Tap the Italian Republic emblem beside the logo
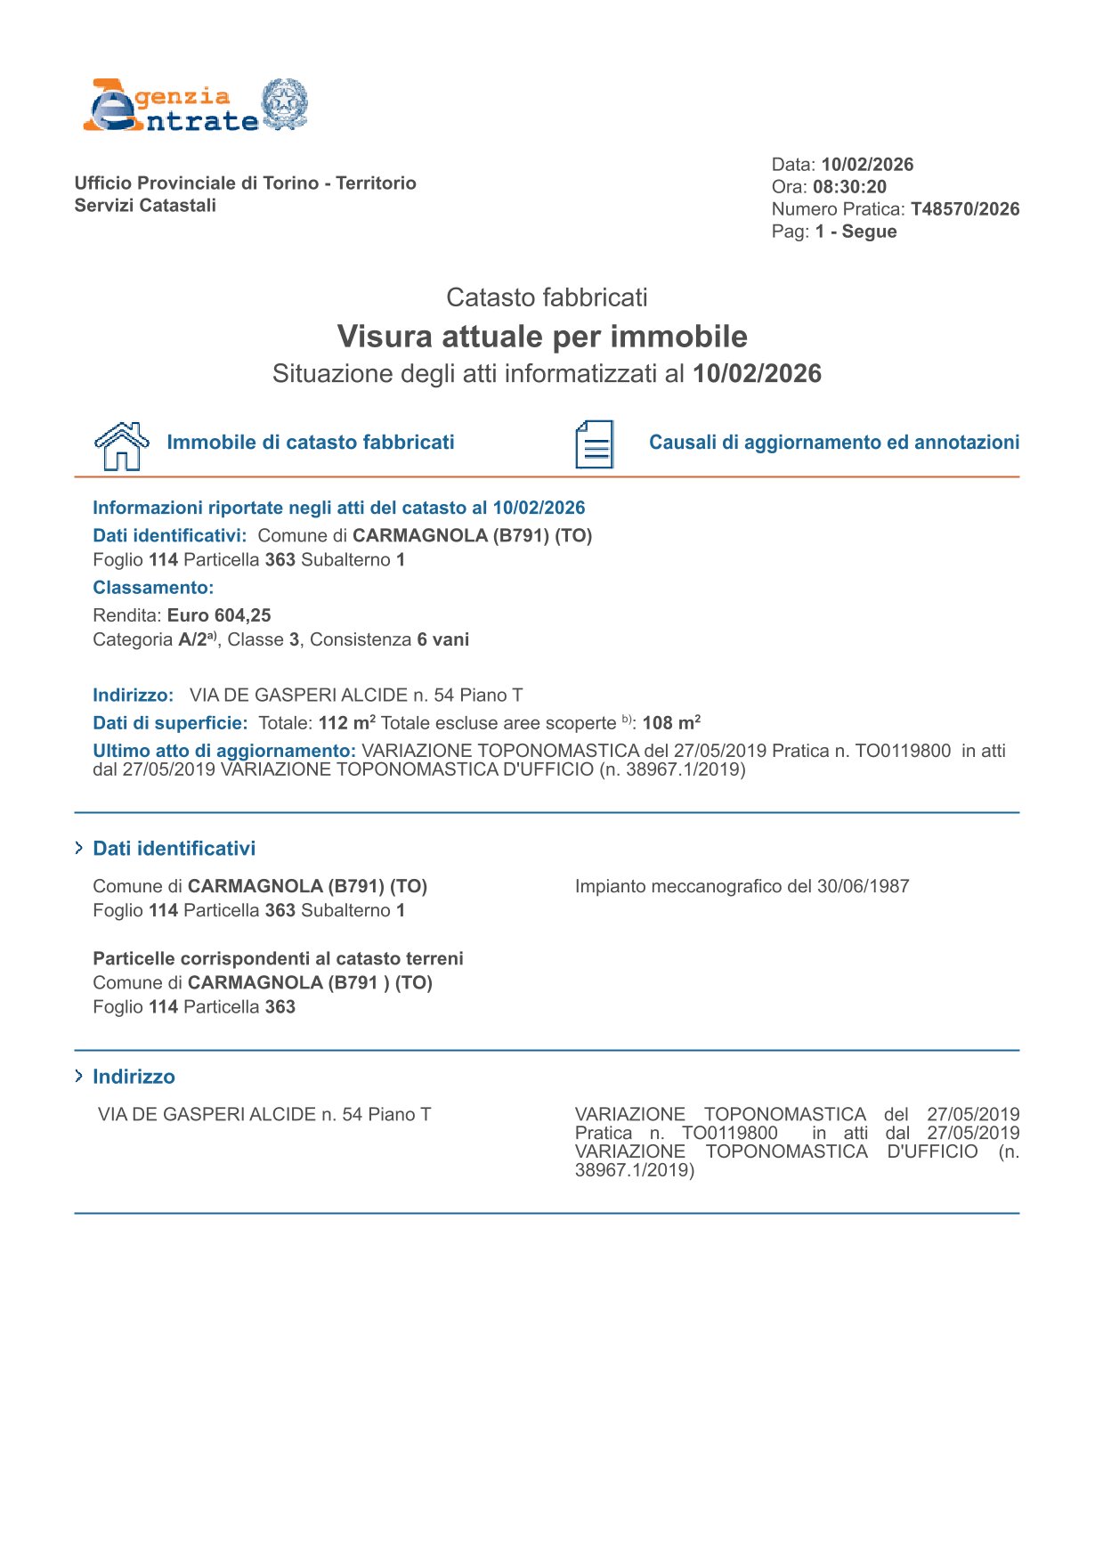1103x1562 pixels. click(x=285, y=105)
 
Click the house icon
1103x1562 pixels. click(x=122, y=445)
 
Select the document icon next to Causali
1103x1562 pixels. click(x=594, y=444)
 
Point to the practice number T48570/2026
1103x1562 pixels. click(x=965, y=209)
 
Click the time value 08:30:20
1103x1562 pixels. click(x=849, y=187)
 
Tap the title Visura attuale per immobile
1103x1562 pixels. click(x=542, y=337)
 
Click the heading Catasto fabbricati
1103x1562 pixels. click(x=547, y=297)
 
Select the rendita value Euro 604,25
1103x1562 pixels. click(x=219, y=615)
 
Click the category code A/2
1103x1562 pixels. click(x=193, y=639)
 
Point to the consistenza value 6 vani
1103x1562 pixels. click(x=442, y=639)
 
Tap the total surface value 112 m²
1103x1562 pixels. click(x=346, y=723)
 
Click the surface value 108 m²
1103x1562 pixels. click(x=671, y=723)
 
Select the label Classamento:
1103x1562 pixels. click(x=153, y=588)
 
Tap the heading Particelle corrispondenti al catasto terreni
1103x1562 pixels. click(x=278, y=959)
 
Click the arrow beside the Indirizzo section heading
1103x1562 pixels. click(x=79, y=1077)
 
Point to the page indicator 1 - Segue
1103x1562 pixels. click(x=856, y=232)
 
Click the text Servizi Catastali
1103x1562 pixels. click(x=145, y=206)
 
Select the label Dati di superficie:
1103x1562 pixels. click(x=170, y=723)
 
